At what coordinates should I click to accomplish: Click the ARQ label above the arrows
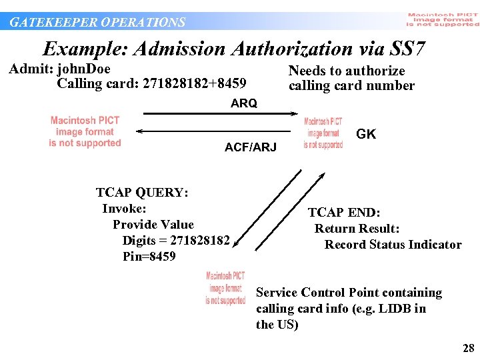[243, 103]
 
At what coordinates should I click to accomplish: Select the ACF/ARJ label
[250, 147]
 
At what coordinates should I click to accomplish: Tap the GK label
[366, 134]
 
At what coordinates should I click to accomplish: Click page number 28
[468, 348]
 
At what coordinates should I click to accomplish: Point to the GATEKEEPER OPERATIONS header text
[97, 22]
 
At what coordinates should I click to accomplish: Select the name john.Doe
[84, 69]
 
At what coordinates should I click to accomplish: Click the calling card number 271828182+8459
[194, 84]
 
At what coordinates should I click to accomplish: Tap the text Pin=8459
[149, 257]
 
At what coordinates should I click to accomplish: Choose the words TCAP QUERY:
[142, 193]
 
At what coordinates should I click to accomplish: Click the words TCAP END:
[344, 213]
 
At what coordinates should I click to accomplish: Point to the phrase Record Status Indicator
[393, 245]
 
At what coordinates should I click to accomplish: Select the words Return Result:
[357, 229]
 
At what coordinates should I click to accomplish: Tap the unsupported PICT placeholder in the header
[442, 20]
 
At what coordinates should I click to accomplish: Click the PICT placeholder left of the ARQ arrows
[85, 131]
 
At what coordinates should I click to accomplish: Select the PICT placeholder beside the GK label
[323, 133]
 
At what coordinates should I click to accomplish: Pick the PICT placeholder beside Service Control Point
[225, 288]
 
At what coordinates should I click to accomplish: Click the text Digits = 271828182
[176, 241]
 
